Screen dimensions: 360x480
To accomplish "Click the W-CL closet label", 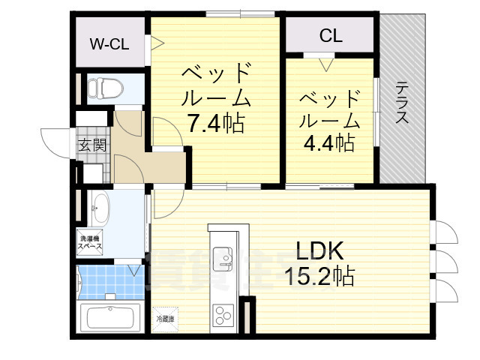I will (x=109, y=43).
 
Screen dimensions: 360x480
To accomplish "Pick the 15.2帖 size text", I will (x=320, y=276).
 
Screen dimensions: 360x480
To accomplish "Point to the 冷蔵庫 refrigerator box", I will (x=166, y=319).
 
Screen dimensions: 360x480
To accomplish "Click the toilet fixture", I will (x=100, y=88).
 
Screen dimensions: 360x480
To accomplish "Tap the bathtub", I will (x=109, y=317).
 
